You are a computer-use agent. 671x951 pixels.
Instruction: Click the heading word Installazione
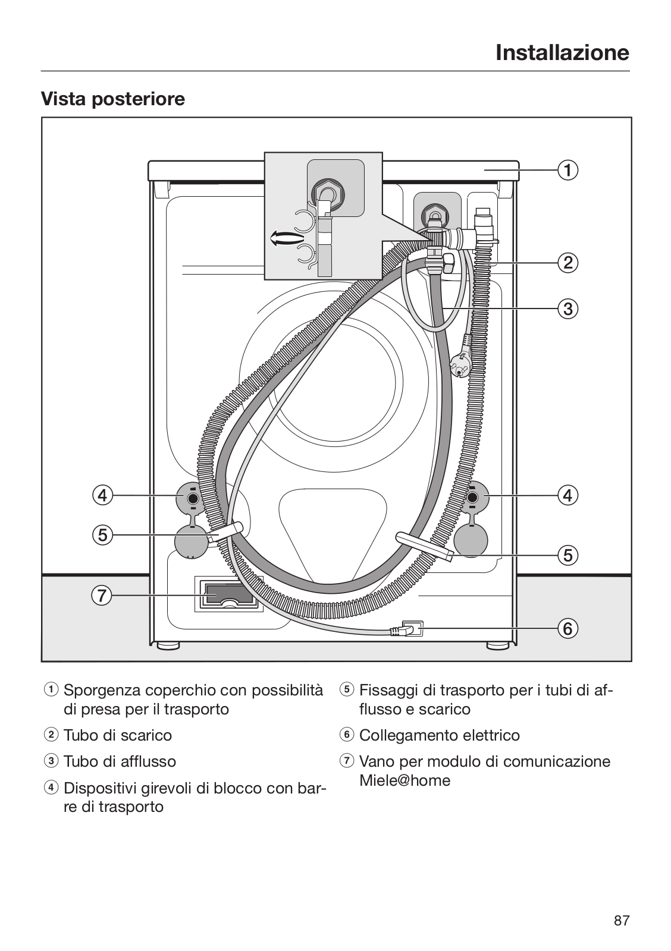pyautogui.click(x=562, y=53)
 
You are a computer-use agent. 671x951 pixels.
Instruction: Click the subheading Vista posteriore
pyautogui.click(x=113, y=99)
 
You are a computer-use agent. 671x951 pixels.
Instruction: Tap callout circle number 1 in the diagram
pyautogui.click(x=567, y=170)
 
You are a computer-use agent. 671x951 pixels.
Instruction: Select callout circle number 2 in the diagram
pyautogui.click(x=567, y=263)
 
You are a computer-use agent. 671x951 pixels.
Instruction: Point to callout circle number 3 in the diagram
pyautogui.click(x=567, y=308)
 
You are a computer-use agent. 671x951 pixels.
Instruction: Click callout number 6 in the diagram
pyautogui.click(x=567, y=628)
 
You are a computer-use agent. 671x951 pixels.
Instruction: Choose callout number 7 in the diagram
pyautogui.click(x=102, y=595)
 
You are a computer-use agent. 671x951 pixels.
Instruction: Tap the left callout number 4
pyautogui.click(x=102, y=496)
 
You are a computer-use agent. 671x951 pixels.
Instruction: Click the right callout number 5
pyautogui.click(x=567, y=555)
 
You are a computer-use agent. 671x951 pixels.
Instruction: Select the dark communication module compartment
pyautogui.click(x=228, y=594)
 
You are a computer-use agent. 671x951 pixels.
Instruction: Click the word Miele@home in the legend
pyautogui.click(x=405, y=780)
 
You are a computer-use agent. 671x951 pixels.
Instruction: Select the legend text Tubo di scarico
pyautogui.click(x=118, y=735)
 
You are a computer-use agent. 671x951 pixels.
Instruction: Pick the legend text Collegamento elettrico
pyautogui.click(x=440, y=735)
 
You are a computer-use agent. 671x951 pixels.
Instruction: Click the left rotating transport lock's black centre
pyautogui.click(x=193, y=497)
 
